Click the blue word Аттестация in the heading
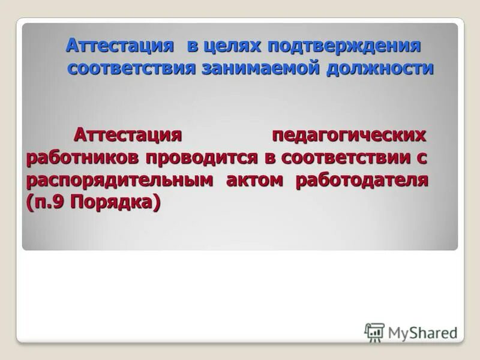click(119, 46)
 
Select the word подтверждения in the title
click(345, 46)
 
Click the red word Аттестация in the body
click(127, 135)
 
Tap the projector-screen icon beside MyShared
click(374, 331)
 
